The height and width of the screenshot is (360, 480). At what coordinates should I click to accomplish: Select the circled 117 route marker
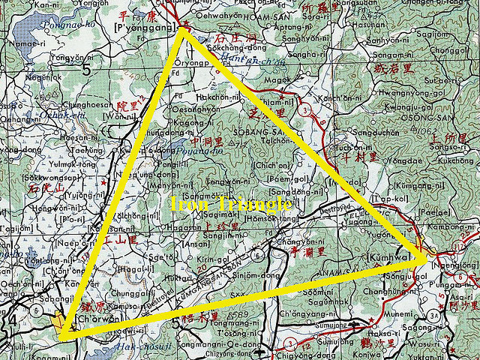pos(456,248)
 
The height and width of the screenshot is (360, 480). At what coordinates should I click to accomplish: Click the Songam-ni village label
pos(406,54)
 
